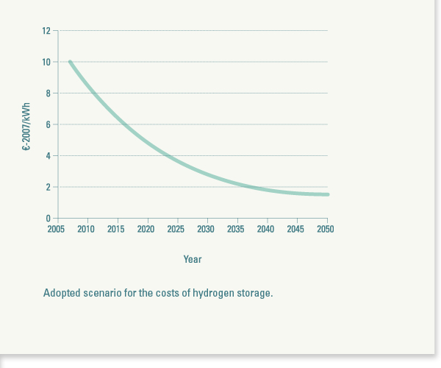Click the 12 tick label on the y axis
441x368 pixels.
(x=46, y=31)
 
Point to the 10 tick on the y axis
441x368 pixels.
(x=46, y=62)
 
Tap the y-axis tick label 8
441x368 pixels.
(x=48, y=93)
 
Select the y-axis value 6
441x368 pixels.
(x=48, y=124)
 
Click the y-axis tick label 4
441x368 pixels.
(x=48, y=156)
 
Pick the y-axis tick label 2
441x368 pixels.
(x=48, y=187)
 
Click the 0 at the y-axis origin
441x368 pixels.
(x=48, y=219)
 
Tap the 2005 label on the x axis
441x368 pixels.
(x=56, y=230)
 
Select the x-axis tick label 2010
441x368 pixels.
(x=86, y=230)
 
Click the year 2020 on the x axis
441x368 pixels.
(x=146, y=230)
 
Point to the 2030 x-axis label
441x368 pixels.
(x=206, y=230)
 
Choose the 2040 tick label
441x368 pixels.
(x=265, y=230)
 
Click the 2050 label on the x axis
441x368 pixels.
(x=325, y=230)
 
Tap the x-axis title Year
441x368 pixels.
(x=193, y=259)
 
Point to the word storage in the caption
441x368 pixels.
(x=254, y=293)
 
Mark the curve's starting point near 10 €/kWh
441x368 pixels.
(x=70, y=62)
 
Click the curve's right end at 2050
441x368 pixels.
(x=327, y=194)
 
